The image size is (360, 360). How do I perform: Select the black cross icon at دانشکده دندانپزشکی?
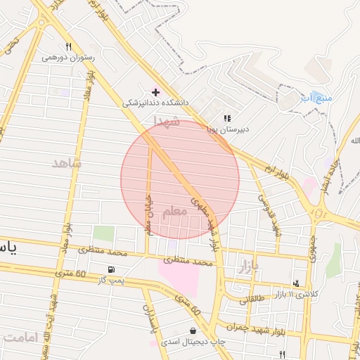point(155,92)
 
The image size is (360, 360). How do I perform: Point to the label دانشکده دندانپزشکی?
point(156,103)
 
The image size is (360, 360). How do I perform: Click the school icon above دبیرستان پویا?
point(226,118)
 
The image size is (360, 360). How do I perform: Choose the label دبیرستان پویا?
point(228,129)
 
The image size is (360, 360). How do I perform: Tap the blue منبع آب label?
point(316,97)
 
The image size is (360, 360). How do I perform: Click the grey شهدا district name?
point(167,122)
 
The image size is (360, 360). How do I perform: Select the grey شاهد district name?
point(67,163)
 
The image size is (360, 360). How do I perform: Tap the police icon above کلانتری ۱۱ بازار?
point(296,283)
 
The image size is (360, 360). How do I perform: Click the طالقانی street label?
point(254,300)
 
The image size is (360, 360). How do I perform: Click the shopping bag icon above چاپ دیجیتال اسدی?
point(193,331)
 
